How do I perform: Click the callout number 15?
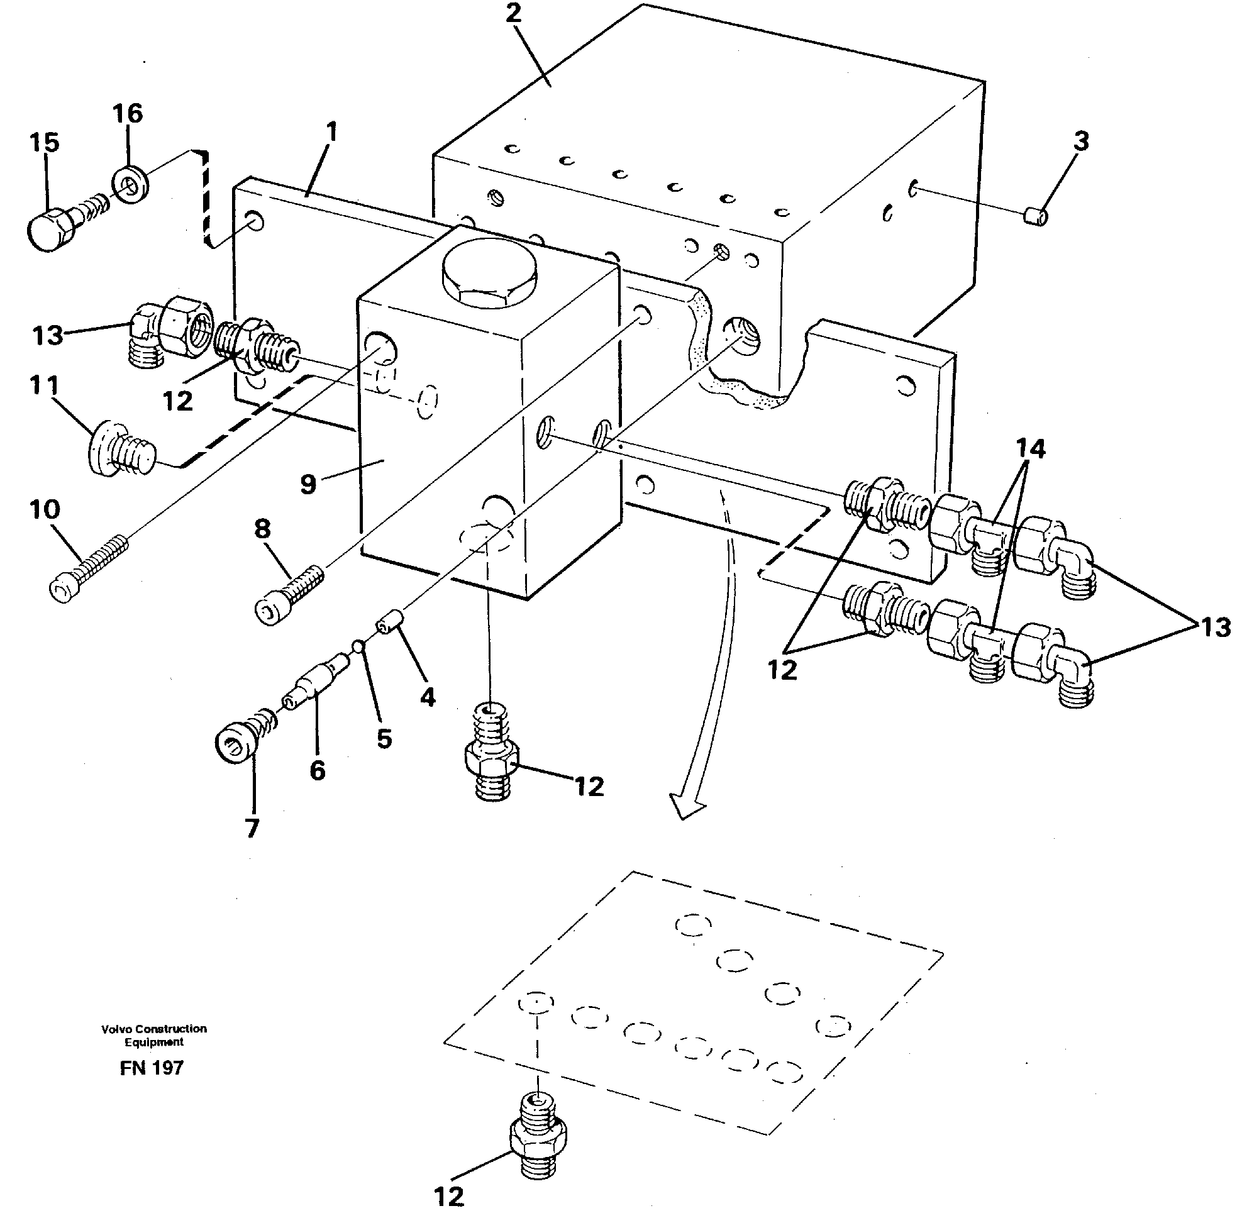[x=43, y=143]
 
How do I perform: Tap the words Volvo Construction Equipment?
[x=153, y=1035]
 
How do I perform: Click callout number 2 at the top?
[x=513, y=14]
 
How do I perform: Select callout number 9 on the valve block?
[x=308, y=484]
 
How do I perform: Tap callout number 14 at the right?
[x=1030, y=448]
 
